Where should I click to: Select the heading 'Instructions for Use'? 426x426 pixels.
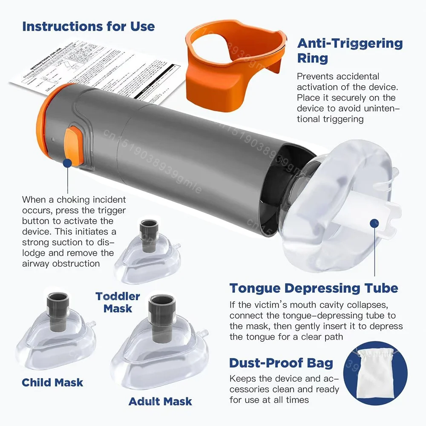[x=89, y=26]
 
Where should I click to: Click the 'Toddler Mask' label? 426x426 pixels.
[x=118, y=302]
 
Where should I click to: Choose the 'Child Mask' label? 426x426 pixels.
[x=53, y=382]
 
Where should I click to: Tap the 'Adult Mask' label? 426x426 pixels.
[x=160, y=401]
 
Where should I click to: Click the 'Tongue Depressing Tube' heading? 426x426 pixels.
[x=314, y=288]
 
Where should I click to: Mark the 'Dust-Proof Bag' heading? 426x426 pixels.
[x=281, y=363]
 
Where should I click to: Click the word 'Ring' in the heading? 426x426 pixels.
[x=312, y=58]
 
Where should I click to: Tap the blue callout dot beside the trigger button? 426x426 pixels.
[x=67, y=162]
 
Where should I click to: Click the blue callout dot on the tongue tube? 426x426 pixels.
[x=374, y=222]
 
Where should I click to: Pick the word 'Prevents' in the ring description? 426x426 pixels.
[x=315, y=77]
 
